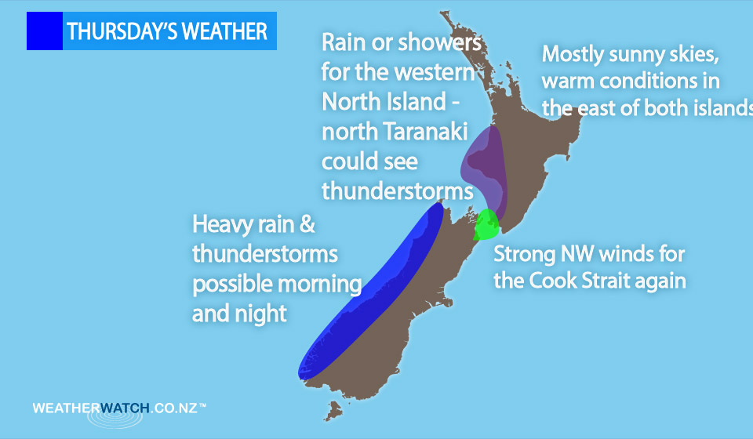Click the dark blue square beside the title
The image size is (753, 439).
point(44,31)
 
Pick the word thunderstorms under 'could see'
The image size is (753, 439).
point(397,192)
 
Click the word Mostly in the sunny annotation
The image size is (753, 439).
point(576,55)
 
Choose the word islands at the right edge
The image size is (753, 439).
point(717,108)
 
